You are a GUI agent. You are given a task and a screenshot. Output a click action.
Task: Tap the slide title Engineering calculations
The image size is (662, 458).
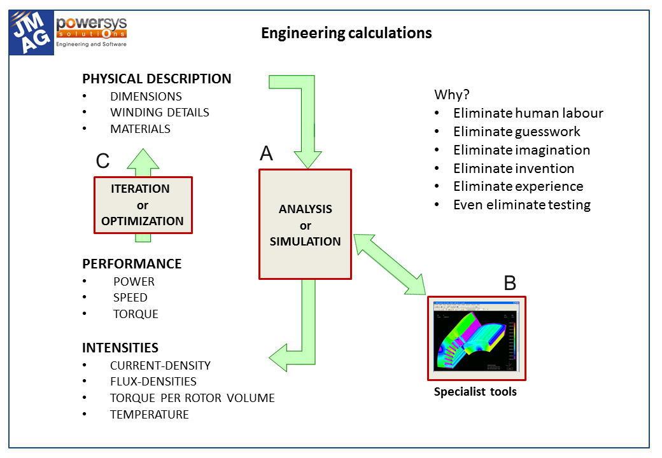pos(346,33)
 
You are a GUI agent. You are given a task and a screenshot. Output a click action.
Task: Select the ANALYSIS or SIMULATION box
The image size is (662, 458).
pos(305,225)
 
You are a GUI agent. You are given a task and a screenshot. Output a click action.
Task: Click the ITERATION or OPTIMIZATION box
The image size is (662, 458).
pos(143,205)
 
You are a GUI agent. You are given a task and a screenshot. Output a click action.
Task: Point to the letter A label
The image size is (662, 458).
pos(267,153)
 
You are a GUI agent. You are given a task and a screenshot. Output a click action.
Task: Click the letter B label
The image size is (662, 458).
pos(510,283)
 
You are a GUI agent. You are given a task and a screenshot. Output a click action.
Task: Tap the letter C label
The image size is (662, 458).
pos(102,162)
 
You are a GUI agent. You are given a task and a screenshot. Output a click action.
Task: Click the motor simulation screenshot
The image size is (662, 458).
pos(476,338)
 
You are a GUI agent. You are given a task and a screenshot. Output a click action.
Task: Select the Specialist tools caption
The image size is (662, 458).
pos(475,392)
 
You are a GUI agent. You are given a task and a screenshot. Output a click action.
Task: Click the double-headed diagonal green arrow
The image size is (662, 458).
pos(390,264)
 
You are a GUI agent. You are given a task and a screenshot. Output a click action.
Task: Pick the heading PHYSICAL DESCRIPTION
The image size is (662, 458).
pos(157,80)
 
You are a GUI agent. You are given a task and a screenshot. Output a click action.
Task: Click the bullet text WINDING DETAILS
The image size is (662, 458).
pos(159,113)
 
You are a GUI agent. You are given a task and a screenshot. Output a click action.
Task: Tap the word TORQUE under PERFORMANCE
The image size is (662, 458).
pos(136,314)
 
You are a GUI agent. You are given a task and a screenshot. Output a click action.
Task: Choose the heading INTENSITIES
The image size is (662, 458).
pos(120,348)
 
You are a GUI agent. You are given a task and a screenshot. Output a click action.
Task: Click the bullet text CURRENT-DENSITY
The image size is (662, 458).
pos(160,366)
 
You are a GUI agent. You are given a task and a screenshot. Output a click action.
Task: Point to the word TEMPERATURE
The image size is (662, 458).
pos(149,415)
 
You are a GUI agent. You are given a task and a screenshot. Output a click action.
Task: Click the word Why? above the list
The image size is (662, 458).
pos(451,95)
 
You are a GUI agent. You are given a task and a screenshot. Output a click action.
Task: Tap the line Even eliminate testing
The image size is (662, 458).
pos(521,205)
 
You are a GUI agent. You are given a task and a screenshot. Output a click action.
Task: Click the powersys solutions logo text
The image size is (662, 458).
pos(92,28)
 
